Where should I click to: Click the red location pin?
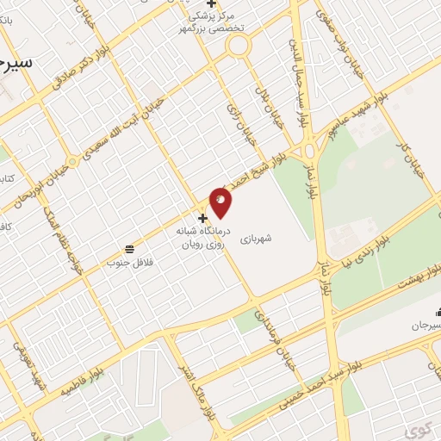[x=220, y=202]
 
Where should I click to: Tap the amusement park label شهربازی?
[x=256, y=233]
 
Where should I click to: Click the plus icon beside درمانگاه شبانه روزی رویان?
[x=202, y=218]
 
